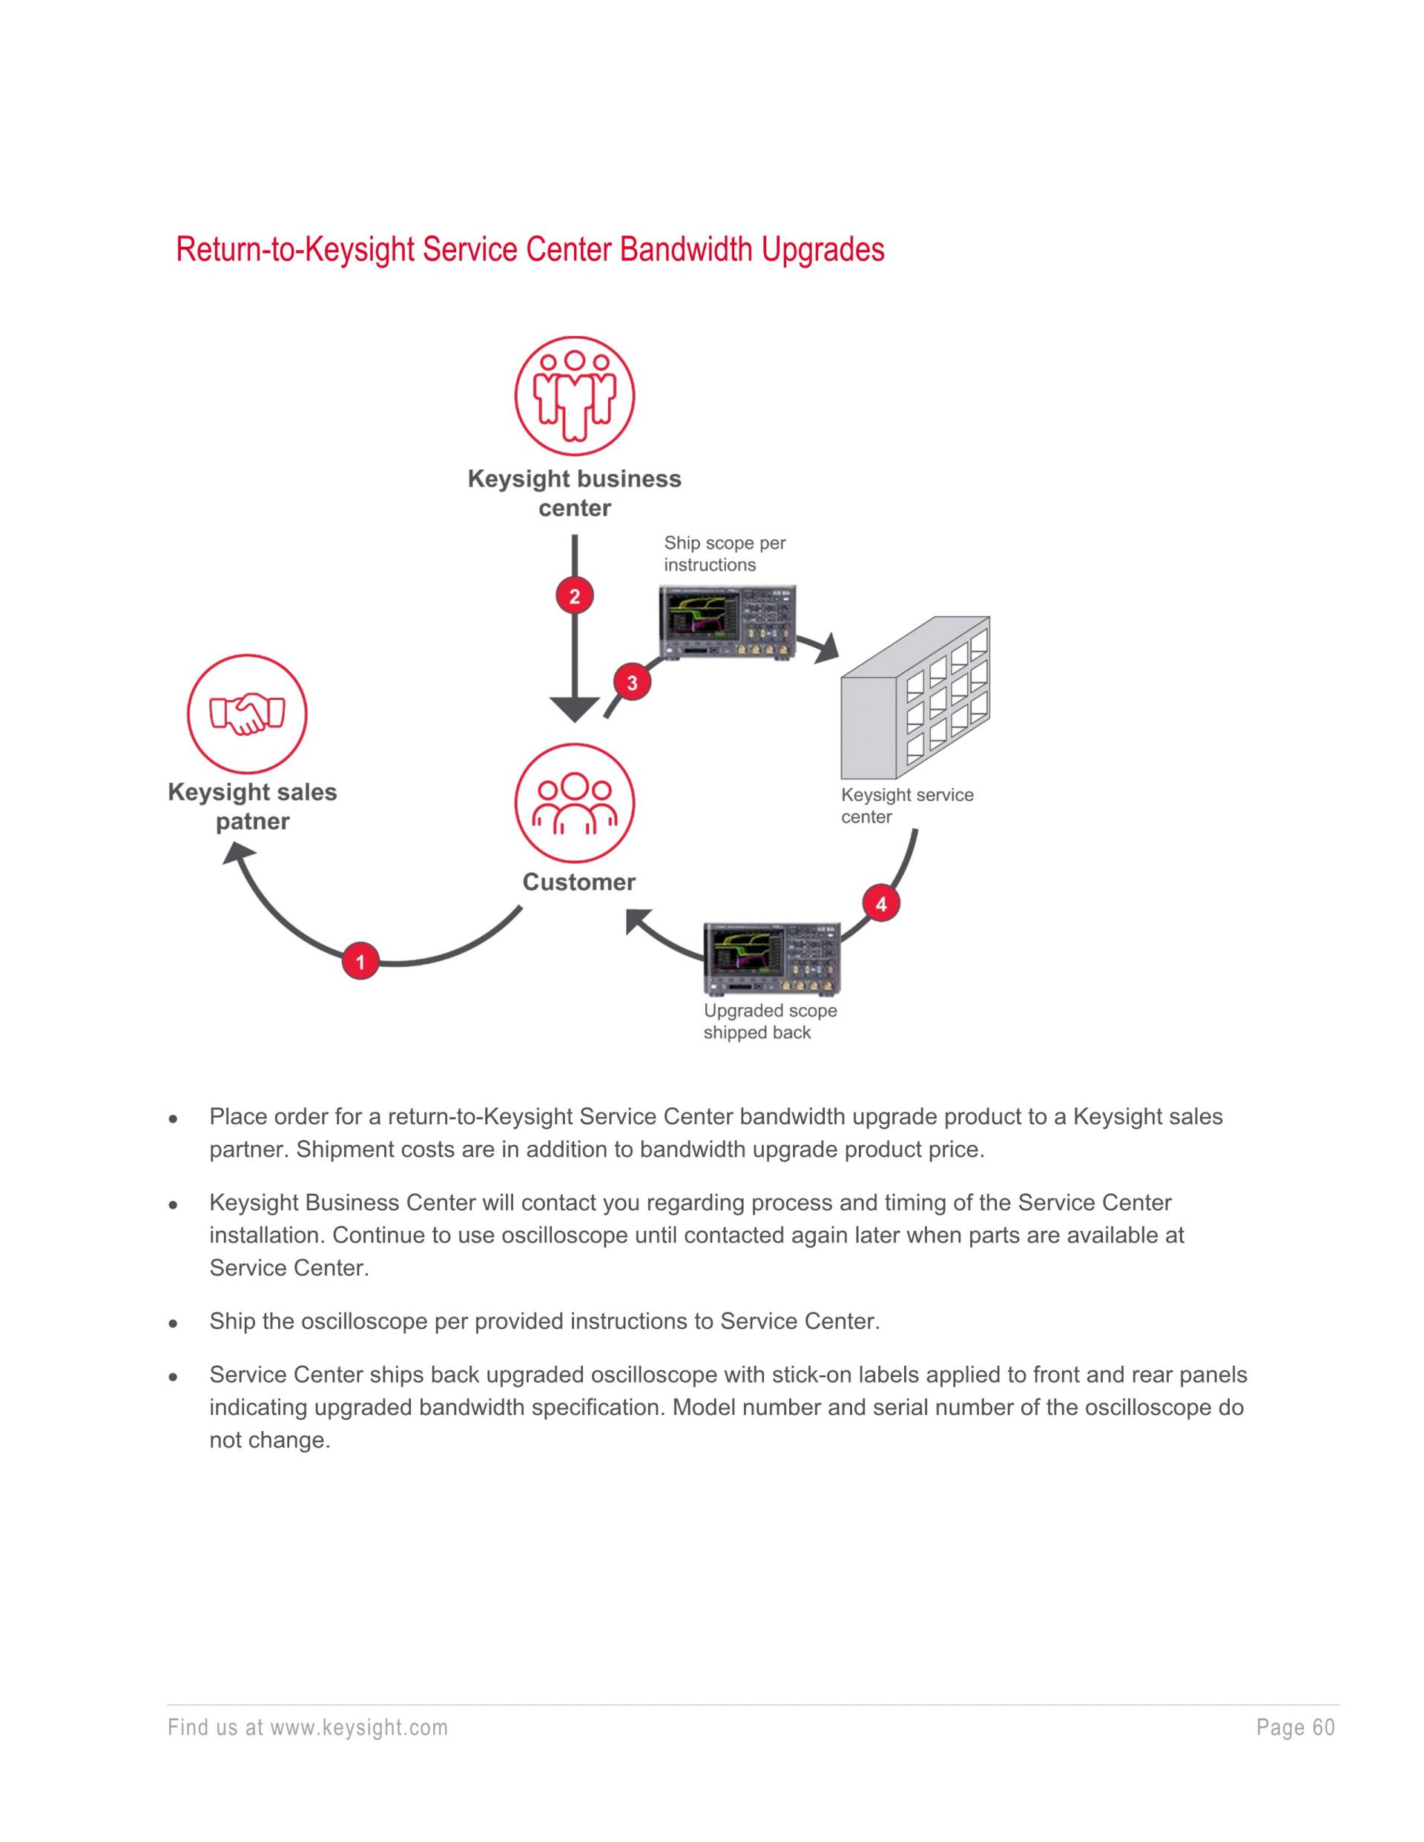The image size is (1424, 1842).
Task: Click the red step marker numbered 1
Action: pos(360,962)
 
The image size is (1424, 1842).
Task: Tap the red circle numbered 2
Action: pos(575,597)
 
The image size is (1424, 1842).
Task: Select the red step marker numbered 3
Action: pos(632,682)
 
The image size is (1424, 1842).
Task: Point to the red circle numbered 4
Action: pos(880,904)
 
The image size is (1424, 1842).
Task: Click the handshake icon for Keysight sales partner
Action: pos(247,714)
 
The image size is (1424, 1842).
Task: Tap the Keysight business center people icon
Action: pos(575,395)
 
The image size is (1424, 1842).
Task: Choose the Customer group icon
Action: pos(575,802)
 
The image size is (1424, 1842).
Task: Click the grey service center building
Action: pos(915,699)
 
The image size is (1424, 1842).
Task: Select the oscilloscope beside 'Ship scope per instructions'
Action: pos(727,621)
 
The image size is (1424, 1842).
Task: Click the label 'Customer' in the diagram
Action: pos(578,882)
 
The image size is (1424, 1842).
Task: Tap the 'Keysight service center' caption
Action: pos(907,805)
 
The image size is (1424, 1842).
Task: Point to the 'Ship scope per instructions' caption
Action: pos(724,554)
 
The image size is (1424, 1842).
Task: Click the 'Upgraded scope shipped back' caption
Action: pos(769,1021)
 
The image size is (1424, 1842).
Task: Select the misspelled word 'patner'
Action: pos(252,822)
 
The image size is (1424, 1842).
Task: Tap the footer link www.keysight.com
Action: pos(358,1728)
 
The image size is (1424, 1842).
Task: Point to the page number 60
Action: pos(1324,1728)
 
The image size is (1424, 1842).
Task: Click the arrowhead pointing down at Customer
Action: pos(575,708)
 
